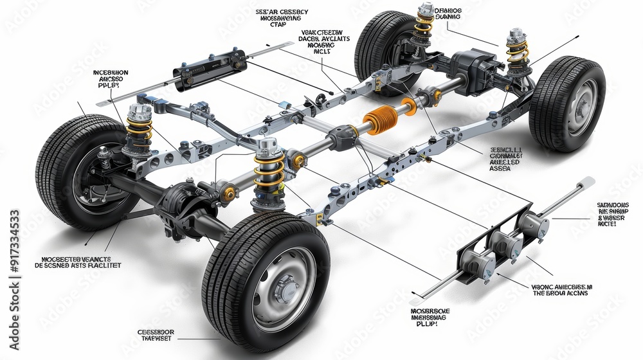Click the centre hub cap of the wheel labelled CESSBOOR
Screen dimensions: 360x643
pyautogui.click(x=284, y=290)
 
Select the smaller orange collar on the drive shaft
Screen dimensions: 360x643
pyautogui.click(x=409, y=106)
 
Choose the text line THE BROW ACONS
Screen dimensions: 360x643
pyautogui.click(x=560, y=293)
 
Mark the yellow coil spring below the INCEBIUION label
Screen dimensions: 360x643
pyautogui.click(x=140, y=129)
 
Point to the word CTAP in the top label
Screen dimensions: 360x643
pyautogui.click(x=278, y=24)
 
